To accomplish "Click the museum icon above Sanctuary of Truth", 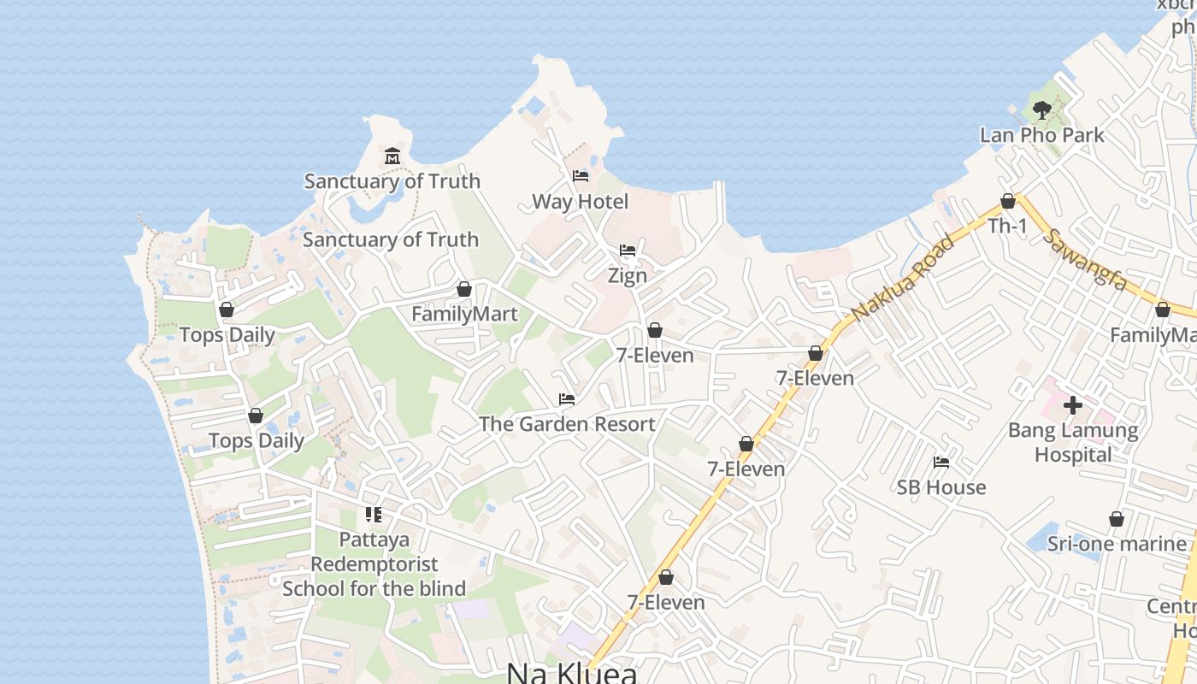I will click(x=392, y=156).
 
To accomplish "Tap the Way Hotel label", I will click(x=580, y=202).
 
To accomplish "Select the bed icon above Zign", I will click(x=628, y=251).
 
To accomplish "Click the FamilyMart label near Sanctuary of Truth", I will click(x=464, y=314).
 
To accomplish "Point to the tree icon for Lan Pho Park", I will click(x=1041, y=109).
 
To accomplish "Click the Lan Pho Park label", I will click(x=1041, y=135).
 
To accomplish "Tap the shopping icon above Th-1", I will click(x=1008, y=201).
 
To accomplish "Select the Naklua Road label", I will click(x=902, y=278).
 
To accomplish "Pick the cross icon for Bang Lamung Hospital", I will click(x=1073, y=404).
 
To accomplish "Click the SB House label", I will click(x=940, y=487).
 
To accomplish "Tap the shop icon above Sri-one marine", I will click(x=1116, y=519).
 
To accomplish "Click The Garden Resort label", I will click(x=567, y=423).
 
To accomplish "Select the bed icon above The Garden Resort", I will click(x=566, y=398).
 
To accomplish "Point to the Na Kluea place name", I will click(x=571, y=673).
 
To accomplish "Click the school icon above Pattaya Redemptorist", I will click(x=374, y=515).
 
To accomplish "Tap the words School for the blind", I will click(x=374, y=588).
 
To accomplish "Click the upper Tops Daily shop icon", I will click(x=227, y=310).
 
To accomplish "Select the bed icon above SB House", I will click(x=941, y=463).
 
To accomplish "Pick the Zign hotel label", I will click(x=628, y=276).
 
